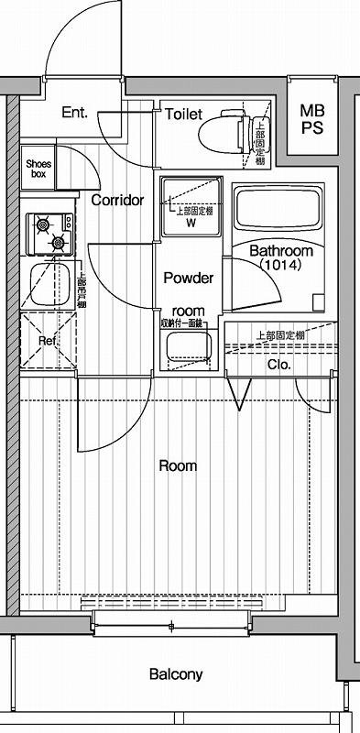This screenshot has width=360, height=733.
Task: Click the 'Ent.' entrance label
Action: [x=75, y=114]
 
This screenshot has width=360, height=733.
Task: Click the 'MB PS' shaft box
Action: [x=312, y=119]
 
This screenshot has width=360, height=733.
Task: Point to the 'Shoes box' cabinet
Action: [x=39, y=167]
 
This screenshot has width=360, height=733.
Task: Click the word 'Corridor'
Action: [x=117, y=200]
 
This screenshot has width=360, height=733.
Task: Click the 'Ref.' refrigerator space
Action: [x=48, y=341]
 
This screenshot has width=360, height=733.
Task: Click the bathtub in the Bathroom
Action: [x=278, y=209]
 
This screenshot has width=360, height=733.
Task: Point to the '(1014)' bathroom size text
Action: [x=279, y=264]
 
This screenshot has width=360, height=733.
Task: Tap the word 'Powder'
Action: [x=189, y=278]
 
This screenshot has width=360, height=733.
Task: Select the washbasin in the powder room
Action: [x=187, y=348]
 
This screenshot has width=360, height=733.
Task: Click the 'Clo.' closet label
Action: [x=278, y=364]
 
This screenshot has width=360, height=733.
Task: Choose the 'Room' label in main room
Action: [x=178, y=465]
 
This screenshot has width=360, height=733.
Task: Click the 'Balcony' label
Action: [x=176, y=675]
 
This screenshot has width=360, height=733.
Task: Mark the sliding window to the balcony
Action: [x=171, y=627]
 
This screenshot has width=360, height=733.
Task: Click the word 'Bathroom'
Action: [x=281, y=250]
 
